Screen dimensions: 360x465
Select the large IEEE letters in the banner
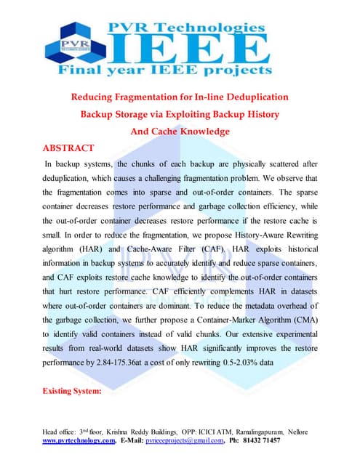click(189, 49)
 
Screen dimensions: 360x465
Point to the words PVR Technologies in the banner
click(187, 27)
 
